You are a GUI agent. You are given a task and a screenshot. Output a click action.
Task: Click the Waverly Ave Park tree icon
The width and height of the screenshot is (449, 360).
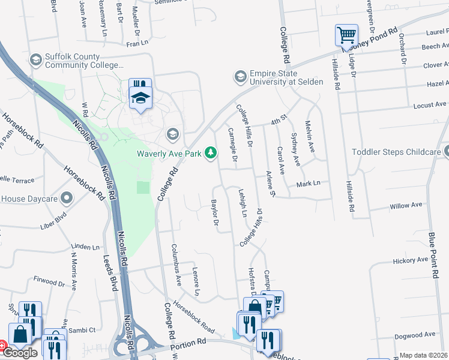pos(211,154)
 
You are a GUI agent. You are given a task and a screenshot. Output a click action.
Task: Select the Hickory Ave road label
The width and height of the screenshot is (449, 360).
pos(411,260)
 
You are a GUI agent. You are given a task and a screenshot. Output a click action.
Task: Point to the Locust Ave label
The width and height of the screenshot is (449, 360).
pos(430,105)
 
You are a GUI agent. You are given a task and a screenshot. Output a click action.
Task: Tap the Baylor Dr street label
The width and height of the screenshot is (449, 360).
pos(214,214)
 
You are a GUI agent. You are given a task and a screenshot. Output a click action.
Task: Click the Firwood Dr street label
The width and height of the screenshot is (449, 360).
pos(49,281)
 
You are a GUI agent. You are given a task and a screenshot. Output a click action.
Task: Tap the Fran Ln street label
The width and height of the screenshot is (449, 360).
pos(137,44)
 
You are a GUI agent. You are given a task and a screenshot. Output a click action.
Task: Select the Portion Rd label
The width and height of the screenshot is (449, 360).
pos(188,342)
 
